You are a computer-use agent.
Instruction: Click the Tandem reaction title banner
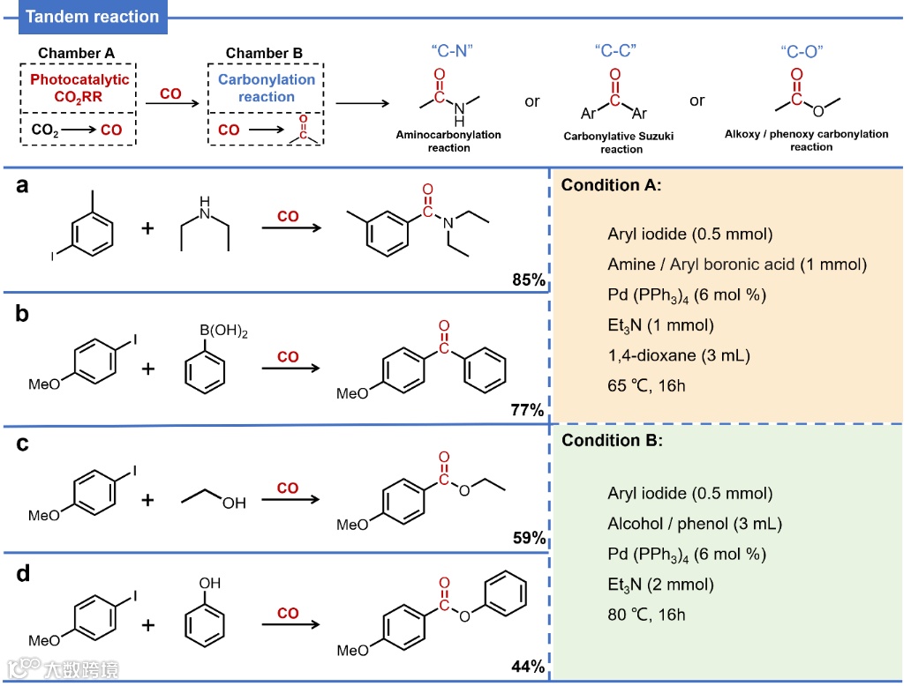(92, 17)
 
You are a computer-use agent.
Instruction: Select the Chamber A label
(76, 53)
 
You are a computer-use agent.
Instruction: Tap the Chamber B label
(264, 53)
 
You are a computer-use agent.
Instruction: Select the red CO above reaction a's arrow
(288, 216)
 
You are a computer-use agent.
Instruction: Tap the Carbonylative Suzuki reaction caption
(621, 143)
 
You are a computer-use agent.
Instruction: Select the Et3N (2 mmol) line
(660, 584)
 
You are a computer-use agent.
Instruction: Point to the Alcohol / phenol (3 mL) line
(695, 524)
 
